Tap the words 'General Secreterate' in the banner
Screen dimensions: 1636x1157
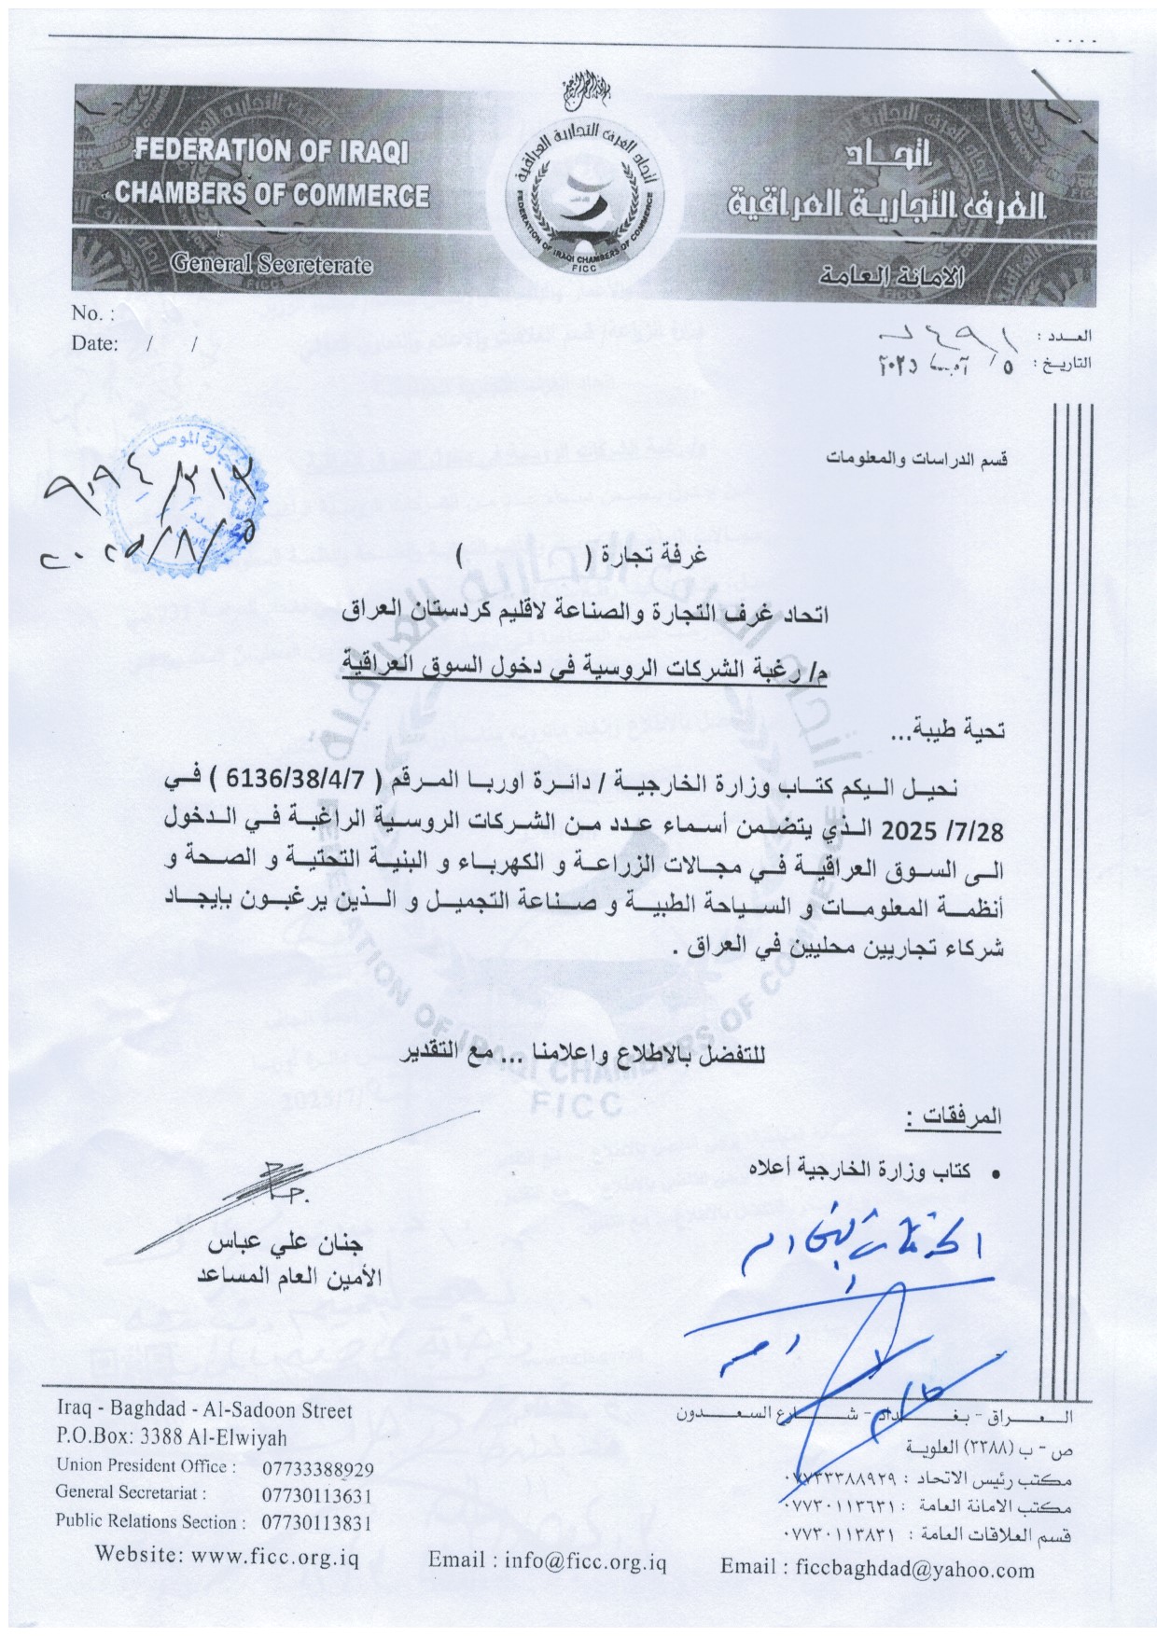click(x=271, y=264)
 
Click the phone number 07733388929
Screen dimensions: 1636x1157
click(x=318, y=1469)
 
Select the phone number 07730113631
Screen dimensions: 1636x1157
click(x=318, y=1495)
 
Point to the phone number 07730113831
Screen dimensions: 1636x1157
click(x=318, y=1522)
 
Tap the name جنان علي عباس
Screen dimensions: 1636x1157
click(x=284, y=1247)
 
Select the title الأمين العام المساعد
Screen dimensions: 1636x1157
click(x=279, y=1276)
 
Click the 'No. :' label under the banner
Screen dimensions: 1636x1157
click(x=92, y=313)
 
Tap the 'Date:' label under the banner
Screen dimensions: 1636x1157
click(x=94, y=343)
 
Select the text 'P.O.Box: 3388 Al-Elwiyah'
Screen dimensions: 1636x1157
click(x=173, y=1437)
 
